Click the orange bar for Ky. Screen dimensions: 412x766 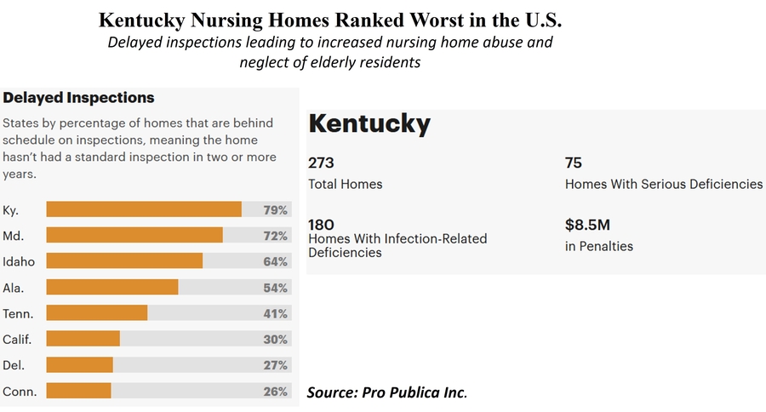point(144,209)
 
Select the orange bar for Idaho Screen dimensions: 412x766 point(124,261)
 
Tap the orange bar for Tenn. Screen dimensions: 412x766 point(97,313)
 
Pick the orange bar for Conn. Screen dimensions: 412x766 point(78,391)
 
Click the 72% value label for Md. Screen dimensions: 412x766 point(275,236)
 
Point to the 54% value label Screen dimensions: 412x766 point(275,288)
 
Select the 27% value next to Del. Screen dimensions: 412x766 point(275,365)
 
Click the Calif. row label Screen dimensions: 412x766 point(17,340)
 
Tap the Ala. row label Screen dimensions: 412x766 point(14,288)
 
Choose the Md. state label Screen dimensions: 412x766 point(13,236)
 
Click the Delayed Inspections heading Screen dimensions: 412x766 point(78,98)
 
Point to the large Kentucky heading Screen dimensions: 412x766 point(369,124)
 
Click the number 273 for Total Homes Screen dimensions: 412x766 point(321,163)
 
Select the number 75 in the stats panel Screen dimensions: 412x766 point(574,163)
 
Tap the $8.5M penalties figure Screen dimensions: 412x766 point(588,226)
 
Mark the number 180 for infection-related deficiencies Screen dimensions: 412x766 point(321,225)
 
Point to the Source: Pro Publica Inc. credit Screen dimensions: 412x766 point(387,392)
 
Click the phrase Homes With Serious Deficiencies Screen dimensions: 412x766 point(664,184)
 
